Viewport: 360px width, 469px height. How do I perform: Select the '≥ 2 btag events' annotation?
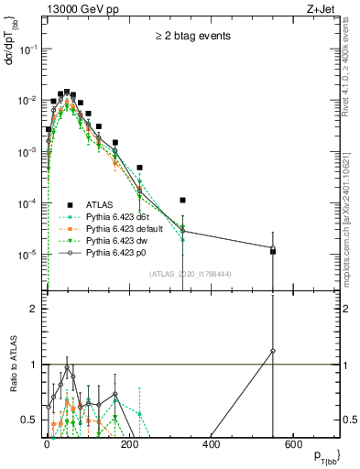point(191,36)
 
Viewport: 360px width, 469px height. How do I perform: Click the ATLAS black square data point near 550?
point(273,251)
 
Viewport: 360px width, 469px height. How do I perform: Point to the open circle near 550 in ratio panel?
point(273,351)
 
